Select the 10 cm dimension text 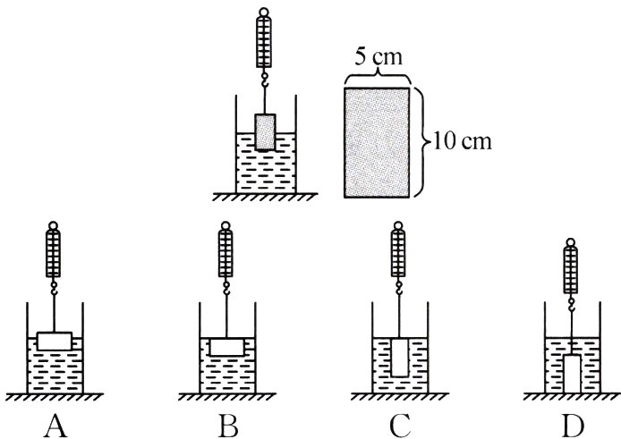coord(462,140)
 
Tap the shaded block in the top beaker coord(266,131)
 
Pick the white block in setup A coord(55,341)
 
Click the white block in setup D coord(570,371)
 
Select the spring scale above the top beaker coord(265,43)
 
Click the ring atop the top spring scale coord(265,12)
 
